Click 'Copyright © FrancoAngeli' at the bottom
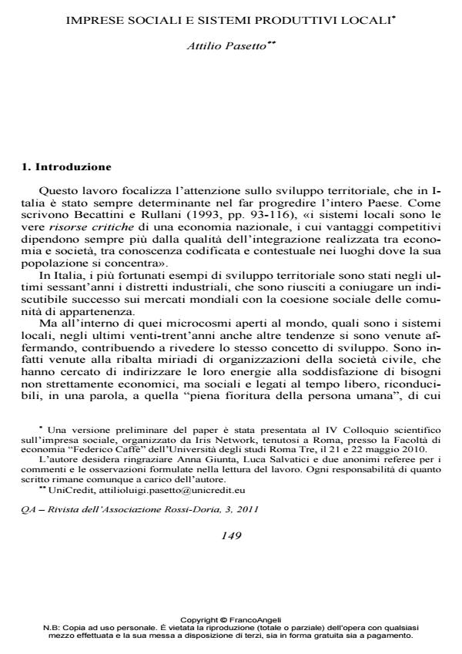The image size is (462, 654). [231, 619]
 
